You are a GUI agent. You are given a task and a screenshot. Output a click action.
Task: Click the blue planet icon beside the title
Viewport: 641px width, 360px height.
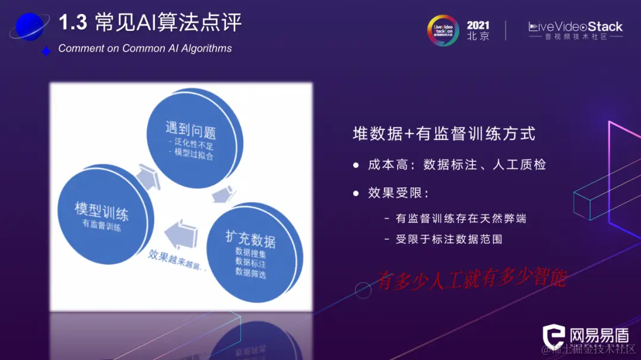tap(29, 27)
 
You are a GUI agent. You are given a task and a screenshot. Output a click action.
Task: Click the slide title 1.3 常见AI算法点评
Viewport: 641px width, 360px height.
tap(150, 23)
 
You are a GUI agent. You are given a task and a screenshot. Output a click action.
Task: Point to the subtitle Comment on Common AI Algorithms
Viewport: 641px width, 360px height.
tap(145, 49)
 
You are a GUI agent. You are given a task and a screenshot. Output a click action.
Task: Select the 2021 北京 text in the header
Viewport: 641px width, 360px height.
tap(478, 30)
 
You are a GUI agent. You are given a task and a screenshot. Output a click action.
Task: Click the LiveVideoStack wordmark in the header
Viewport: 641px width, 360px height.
tap(575, 27)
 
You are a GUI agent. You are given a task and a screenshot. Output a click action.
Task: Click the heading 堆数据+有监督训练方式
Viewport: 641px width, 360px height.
tap(444, 134)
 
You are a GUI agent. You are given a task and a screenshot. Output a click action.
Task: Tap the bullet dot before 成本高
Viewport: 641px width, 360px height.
tap(356, 165)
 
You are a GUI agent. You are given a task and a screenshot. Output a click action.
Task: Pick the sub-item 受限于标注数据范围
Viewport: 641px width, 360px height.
tap(449, 240)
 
